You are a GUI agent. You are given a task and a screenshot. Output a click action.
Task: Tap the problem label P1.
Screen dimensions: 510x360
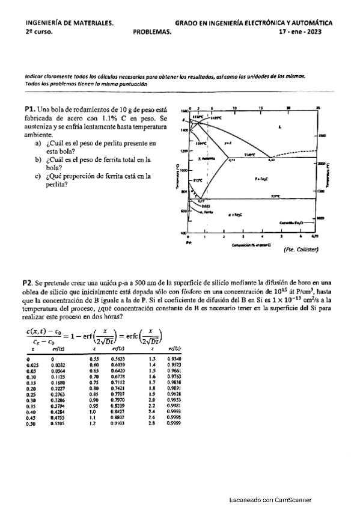[x=31, y=109]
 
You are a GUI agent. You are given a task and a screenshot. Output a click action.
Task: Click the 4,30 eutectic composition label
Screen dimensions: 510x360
[x=271, y=160]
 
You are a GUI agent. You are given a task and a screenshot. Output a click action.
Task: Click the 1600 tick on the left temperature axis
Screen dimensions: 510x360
[x=184, y=112]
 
